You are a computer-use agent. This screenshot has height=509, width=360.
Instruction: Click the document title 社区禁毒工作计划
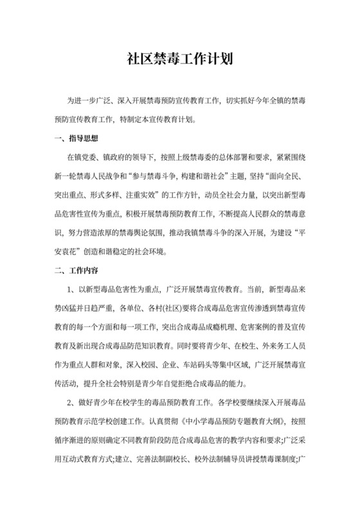point(179,60)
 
